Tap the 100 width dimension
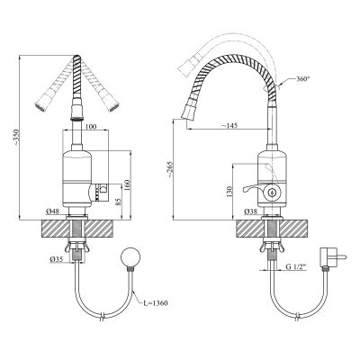[x=91, y=127]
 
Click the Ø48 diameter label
[x=53, y=211]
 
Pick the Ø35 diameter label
[x=56, y=259]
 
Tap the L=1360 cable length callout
[x=155, y=303]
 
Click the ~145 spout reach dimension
[x=229, y=126]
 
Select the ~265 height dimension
[x=170, y=170]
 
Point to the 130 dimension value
[x=229, y=192]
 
